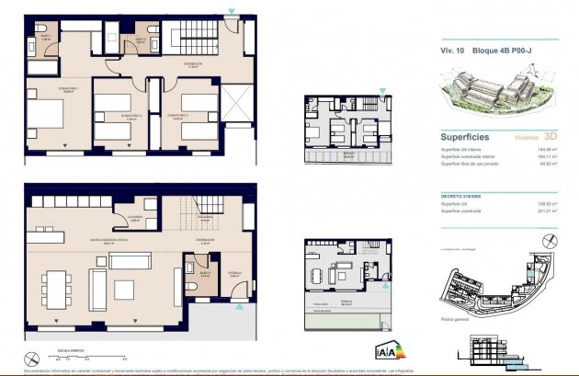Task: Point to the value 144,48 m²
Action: pyautogui.click(x=549, y=149)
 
